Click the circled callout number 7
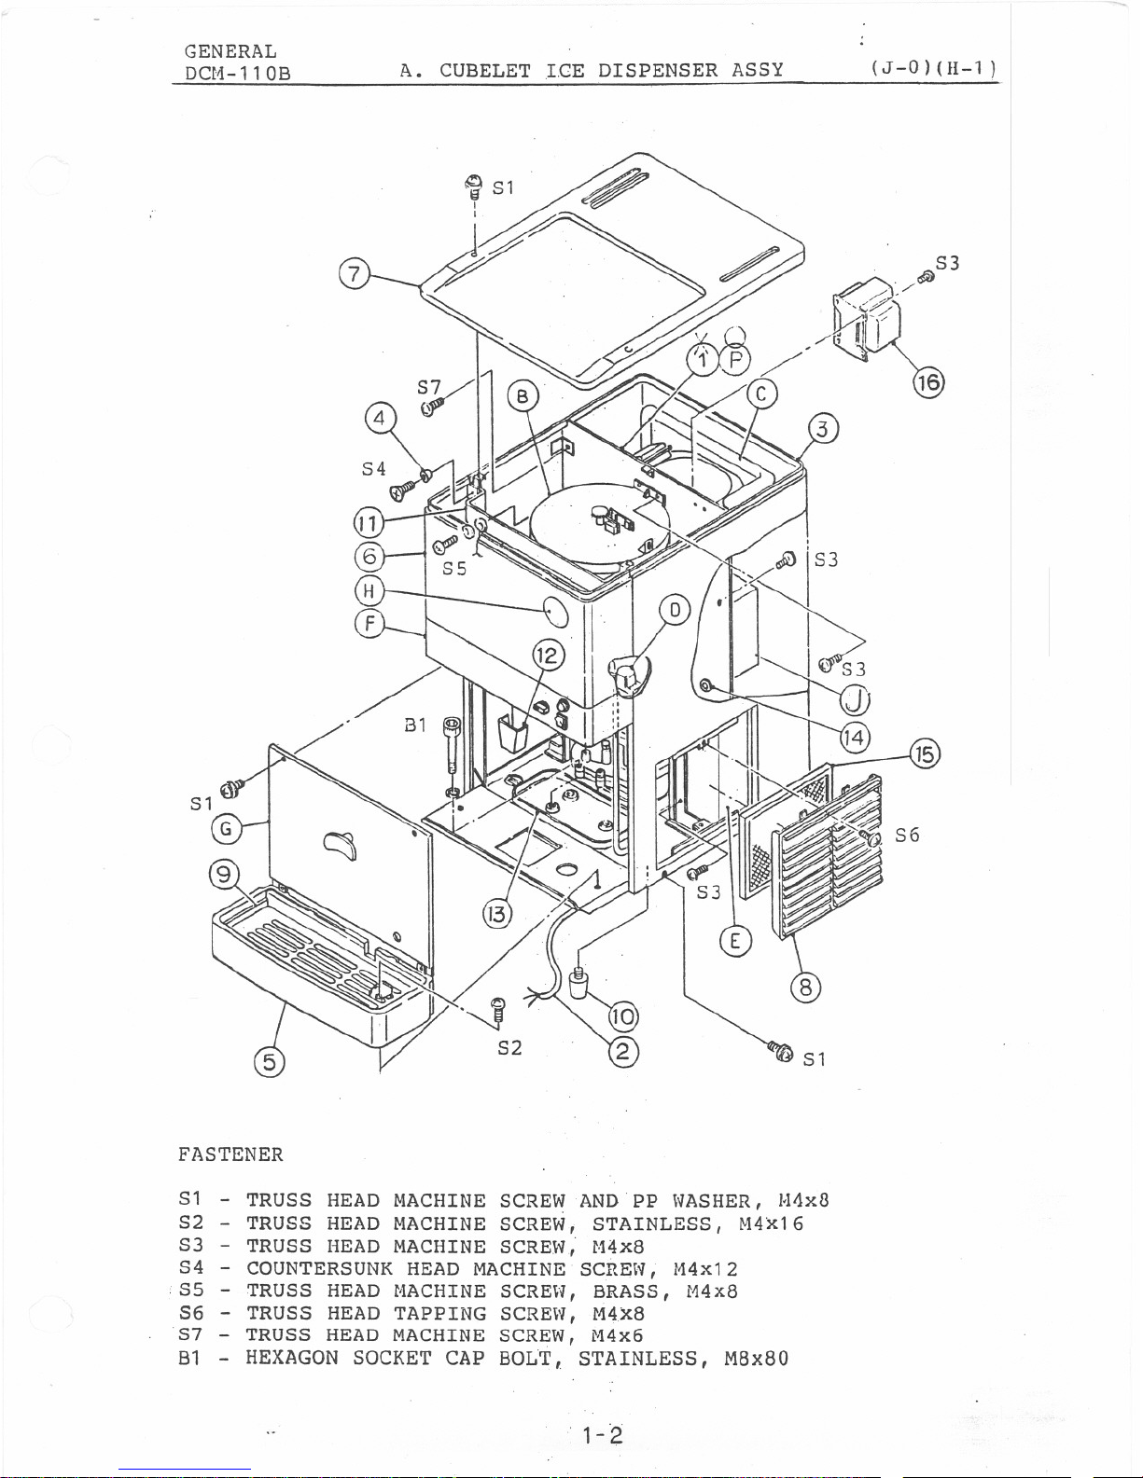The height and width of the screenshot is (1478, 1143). (354, 275)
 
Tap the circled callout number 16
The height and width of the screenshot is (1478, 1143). (928, 382)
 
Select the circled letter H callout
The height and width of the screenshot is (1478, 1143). (369, 590)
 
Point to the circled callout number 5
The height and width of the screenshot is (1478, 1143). (270, 1062)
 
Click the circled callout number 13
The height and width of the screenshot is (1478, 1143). (497, 914)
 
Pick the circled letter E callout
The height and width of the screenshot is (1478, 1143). (735, 941)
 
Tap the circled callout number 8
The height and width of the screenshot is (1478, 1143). (805, 987)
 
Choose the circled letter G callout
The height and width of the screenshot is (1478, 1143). (227, 829)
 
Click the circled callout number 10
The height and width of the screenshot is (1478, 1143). (622, 1016)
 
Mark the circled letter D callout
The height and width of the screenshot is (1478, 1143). (675, 610)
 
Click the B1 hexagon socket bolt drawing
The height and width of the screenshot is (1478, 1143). (453, 755)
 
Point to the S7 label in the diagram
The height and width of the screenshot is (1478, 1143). (429, 388)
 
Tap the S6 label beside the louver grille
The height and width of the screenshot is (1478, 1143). (907, 835)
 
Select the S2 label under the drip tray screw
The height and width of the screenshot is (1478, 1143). (509, 1048)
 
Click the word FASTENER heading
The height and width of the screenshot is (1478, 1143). (230, 1154)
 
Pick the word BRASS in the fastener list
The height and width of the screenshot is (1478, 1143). (626, 1291)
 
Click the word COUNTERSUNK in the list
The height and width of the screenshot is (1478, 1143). (320, 1268)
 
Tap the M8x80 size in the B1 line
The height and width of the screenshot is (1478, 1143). (757, 1359)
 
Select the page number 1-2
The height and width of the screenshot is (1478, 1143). (603, 1435)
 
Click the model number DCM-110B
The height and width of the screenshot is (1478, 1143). (238, 74)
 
